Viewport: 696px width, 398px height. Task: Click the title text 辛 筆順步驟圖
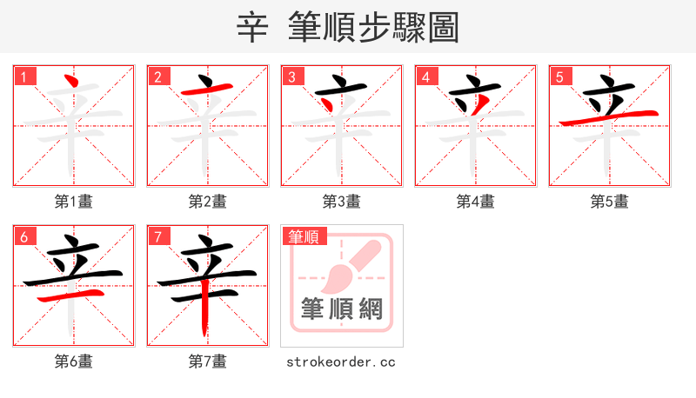(347, 28)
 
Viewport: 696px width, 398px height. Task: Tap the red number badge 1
(23, 77)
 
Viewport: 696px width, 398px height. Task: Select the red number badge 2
(157, 77)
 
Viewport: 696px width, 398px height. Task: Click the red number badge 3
(291, 77)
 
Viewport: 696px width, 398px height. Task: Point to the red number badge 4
(425, 77)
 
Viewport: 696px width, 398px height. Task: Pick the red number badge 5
(559, 77)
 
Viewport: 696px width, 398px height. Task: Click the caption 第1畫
(74, 202)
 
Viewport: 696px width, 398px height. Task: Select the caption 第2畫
(208, 202)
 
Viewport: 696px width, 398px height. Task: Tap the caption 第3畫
(342, 202)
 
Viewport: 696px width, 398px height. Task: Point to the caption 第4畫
(476, 202)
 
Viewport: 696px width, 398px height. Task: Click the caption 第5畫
(610, 202)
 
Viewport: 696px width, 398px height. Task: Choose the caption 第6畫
(74, 362)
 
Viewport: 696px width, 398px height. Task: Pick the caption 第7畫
(208, 362)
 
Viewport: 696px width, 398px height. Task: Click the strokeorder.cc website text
(341, 362)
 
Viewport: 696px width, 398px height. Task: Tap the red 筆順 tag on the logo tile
(304, 236)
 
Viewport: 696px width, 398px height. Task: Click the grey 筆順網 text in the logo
(341, 308)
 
